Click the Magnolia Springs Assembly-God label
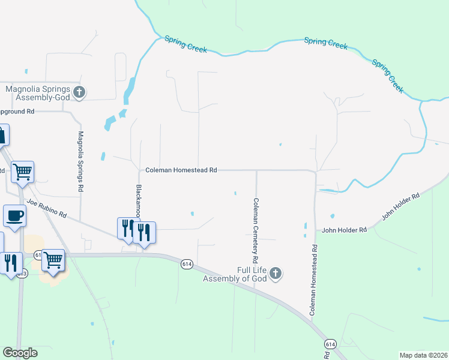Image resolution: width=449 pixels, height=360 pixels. (x=38, y=92)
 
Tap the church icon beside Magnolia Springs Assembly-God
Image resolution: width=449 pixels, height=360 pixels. (x=80, y=92)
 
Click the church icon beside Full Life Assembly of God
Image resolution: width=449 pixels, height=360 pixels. (x=275, y=274)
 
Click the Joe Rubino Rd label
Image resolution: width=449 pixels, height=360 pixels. (x=46, y=209)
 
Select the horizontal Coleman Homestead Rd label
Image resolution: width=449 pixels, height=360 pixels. (x=181, y=170)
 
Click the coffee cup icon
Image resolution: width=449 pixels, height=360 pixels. (x=14, y=215)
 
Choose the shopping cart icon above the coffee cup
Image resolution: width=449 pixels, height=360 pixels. (x=23, y=172)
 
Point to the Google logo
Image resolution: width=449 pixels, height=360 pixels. (x=20, y=353)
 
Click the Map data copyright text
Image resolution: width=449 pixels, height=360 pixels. (x=423, y=355)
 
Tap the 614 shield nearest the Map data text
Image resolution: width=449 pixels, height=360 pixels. (x=330, y=344)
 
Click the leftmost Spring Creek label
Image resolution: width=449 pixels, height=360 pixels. (x=185, y=44)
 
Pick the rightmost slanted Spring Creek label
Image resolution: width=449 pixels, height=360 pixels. (x=388, y=75)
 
